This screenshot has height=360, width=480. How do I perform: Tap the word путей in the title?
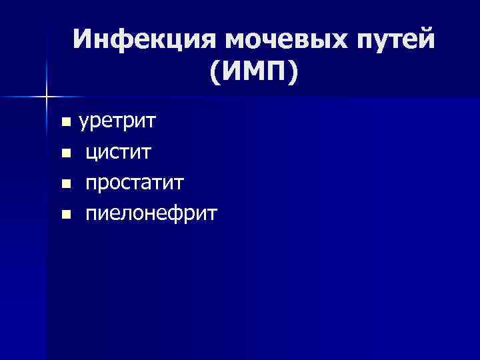(397, 40)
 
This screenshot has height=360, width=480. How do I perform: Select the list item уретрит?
(118, 122)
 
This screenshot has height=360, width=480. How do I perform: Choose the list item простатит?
(134, 183)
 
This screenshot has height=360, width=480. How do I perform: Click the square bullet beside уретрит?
(65, 123)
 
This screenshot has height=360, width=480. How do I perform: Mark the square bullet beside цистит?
(65, 153)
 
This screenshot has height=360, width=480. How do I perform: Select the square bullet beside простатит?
(65, 184)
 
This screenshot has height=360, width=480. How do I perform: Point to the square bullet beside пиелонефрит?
(65, 215)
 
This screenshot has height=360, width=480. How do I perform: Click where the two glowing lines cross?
(47, 97)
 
